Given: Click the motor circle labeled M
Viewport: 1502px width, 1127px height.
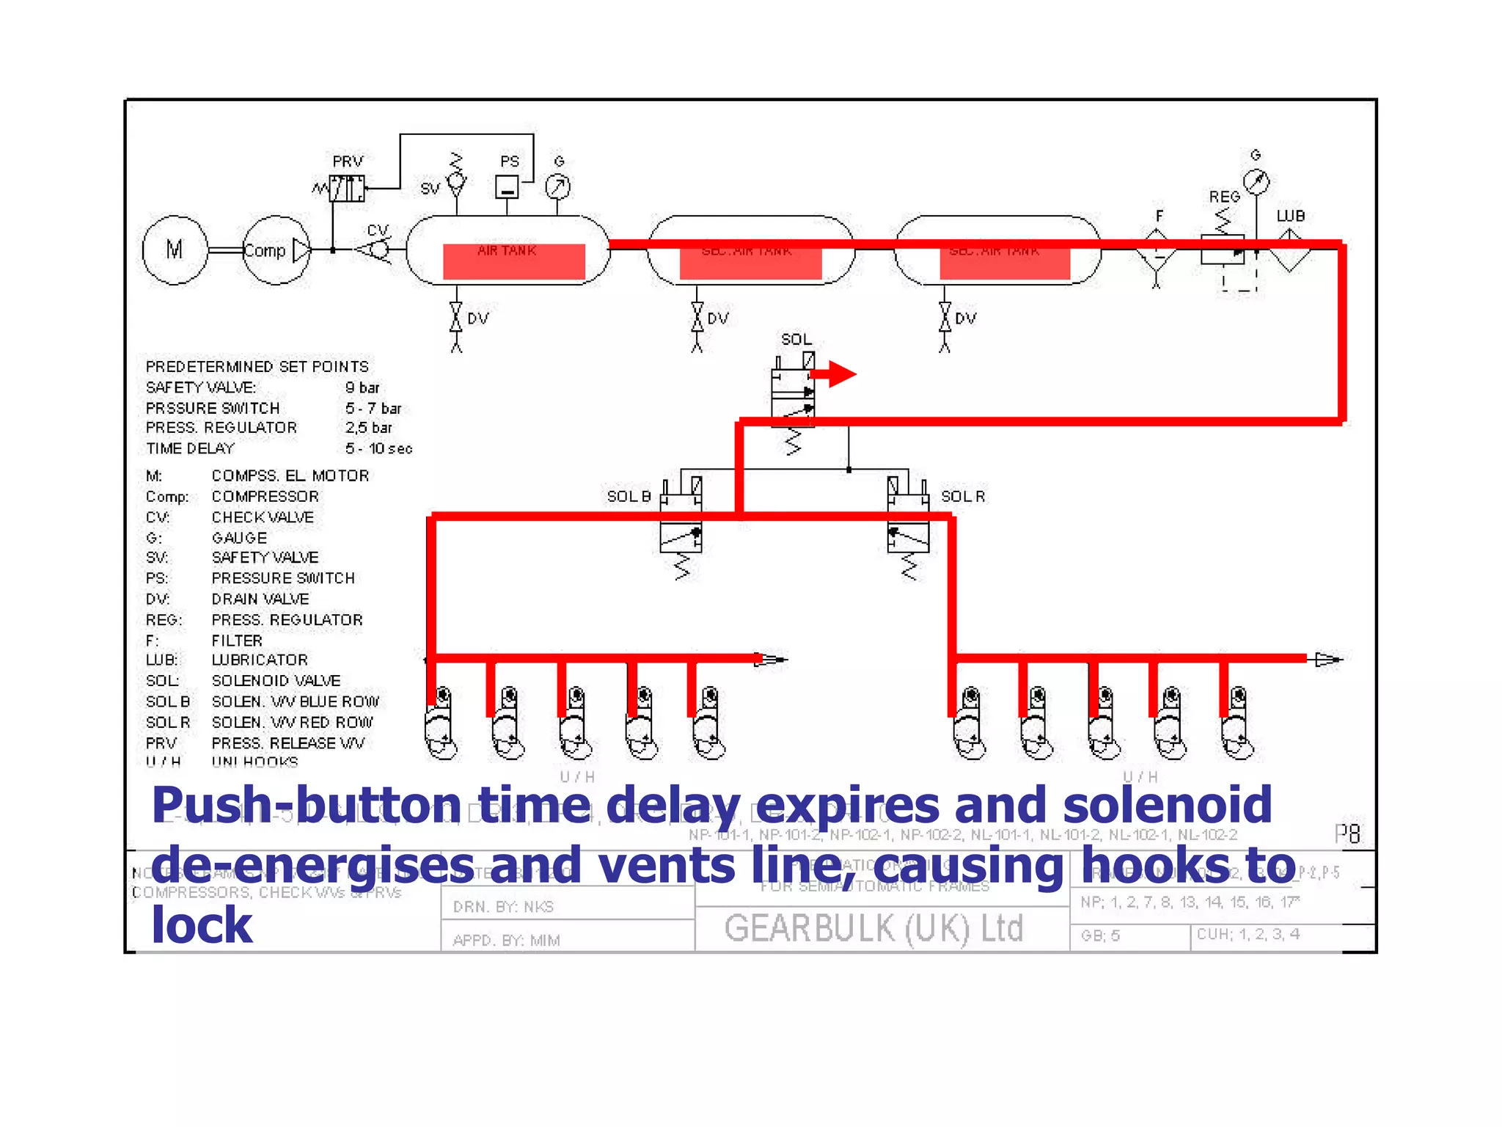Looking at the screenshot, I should (x=175, y=249).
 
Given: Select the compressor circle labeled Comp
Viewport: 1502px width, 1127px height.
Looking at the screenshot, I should (x=276, y=249).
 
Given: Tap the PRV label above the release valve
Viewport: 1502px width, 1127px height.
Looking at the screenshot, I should (x=348, y=161).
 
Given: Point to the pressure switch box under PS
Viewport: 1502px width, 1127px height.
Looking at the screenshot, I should (x=507, y=188).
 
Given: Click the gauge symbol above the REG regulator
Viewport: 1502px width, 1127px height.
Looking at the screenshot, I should (x=1256, y=181).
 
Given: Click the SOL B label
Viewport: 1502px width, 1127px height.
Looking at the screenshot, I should (x=629, y=497).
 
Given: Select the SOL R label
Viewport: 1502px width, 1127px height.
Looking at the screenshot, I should (x=963, y=497).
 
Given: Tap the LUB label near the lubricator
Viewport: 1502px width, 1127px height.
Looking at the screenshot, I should (x=1290, y=216).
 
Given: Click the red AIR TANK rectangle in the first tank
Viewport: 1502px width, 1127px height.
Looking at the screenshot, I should (x=513, y=261).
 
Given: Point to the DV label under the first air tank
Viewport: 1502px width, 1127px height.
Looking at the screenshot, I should (x=477, y=318).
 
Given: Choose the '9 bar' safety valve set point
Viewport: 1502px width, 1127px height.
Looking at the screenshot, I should (x=362, y=387).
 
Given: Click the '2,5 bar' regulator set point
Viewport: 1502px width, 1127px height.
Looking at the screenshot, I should (x=369, y=428).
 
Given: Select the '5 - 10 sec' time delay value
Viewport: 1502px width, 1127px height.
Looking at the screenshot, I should (x=378, y=448).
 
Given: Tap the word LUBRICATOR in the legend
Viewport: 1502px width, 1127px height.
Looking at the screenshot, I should (x=260, y=660).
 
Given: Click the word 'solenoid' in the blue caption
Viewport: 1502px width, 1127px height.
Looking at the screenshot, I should (x=1167, y=805).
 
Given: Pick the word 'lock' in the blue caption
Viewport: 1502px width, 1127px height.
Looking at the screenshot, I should (x=202, y=924).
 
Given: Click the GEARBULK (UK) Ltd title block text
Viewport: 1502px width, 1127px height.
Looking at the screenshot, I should (x=873, y=928).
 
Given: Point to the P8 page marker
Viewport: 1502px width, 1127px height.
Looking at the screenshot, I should (x=1347, y=834).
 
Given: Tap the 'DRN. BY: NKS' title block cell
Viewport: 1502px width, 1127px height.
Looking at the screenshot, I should (x=503, y=907).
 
